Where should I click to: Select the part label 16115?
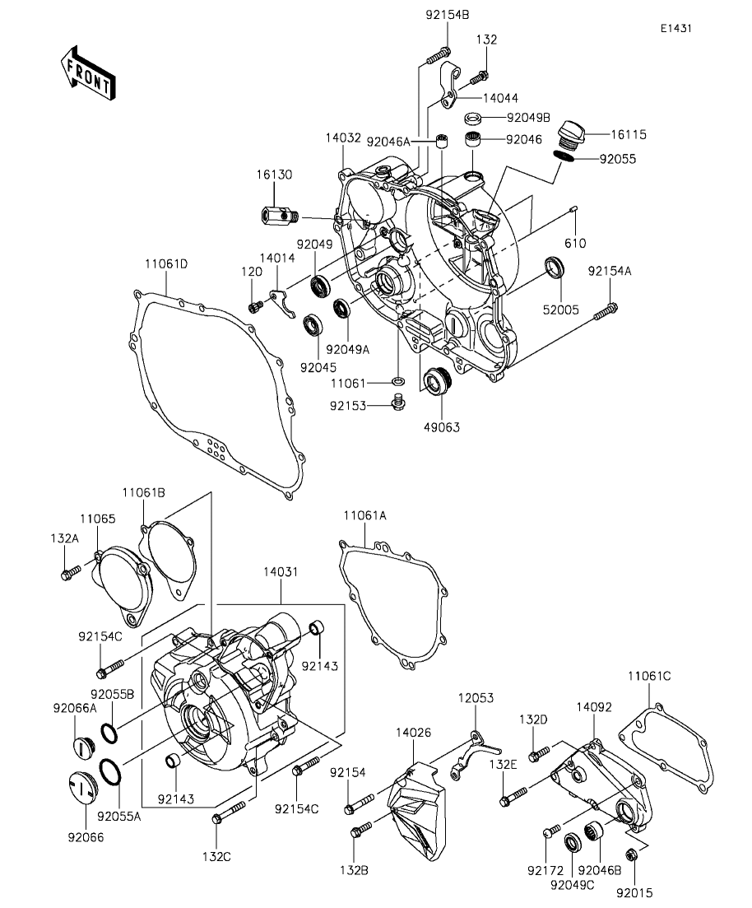pos(629,134)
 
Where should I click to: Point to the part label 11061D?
pos(166,264)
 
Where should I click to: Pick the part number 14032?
pos(343,137)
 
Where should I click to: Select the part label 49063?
pos(442,427)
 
